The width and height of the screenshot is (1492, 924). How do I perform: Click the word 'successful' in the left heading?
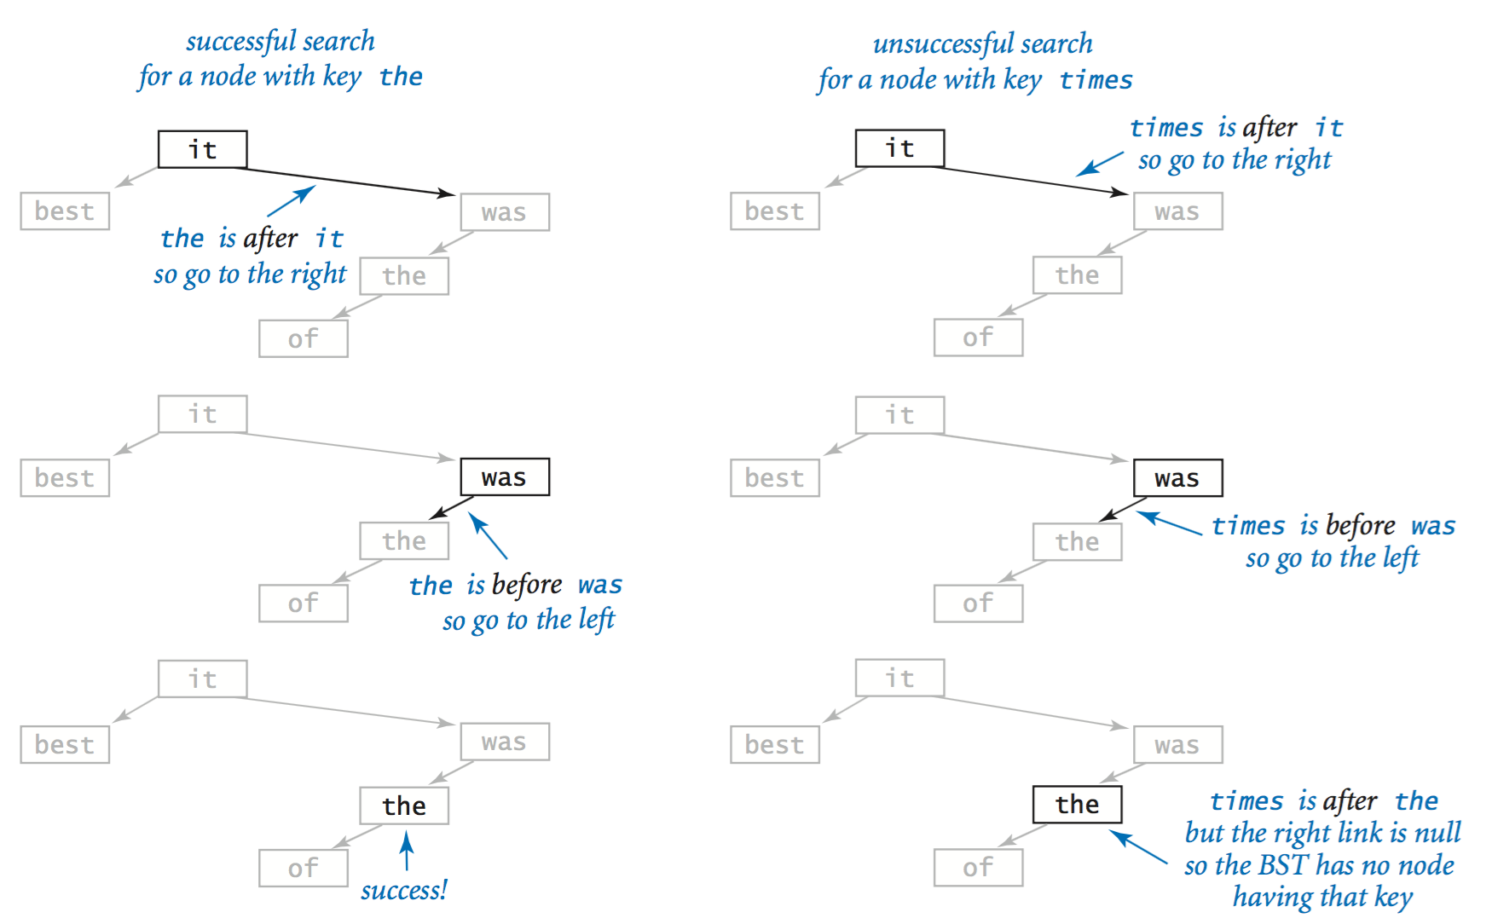241,42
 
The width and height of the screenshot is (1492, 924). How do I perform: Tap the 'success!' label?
404,891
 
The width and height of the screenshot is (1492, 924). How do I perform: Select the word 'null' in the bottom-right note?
1437,832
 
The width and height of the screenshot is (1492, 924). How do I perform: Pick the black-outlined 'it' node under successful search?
203,149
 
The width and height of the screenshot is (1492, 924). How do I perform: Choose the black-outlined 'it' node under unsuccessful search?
900,148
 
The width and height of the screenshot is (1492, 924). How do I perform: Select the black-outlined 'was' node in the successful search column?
505,477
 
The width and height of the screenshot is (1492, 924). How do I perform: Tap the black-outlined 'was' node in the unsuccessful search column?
1178,478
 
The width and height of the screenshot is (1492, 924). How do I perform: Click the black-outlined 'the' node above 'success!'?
404,806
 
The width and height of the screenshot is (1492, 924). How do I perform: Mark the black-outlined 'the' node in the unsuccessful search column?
1078,804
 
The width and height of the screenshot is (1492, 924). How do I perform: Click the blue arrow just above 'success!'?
408,851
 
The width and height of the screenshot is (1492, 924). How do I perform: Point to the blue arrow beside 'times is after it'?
1100,165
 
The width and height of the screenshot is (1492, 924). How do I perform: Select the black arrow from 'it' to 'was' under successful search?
344,182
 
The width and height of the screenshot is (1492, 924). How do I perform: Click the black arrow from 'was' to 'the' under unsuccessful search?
1123,509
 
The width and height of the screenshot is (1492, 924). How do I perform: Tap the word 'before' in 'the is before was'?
527,586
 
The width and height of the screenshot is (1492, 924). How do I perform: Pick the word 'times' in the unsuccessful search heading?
1096,80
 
